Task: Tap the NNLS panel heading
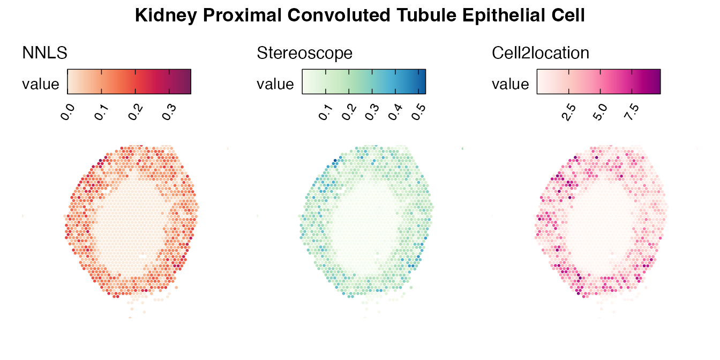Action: pyautogui.click(x=44, y=52)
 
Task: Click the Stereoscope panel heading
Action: pyautogui.click(x=305, y=52)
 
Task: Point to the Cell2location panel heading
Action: pyautogui.click(x=541, y=52)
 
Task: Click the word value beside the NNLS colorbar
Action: pyautogui.click(x=41, y=84)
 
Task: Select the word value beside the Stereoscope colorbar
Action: pyautogui.click(x=275, y=84)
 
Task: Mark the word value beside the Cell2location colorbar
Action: pyautogui.click(x=510, y=84)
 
